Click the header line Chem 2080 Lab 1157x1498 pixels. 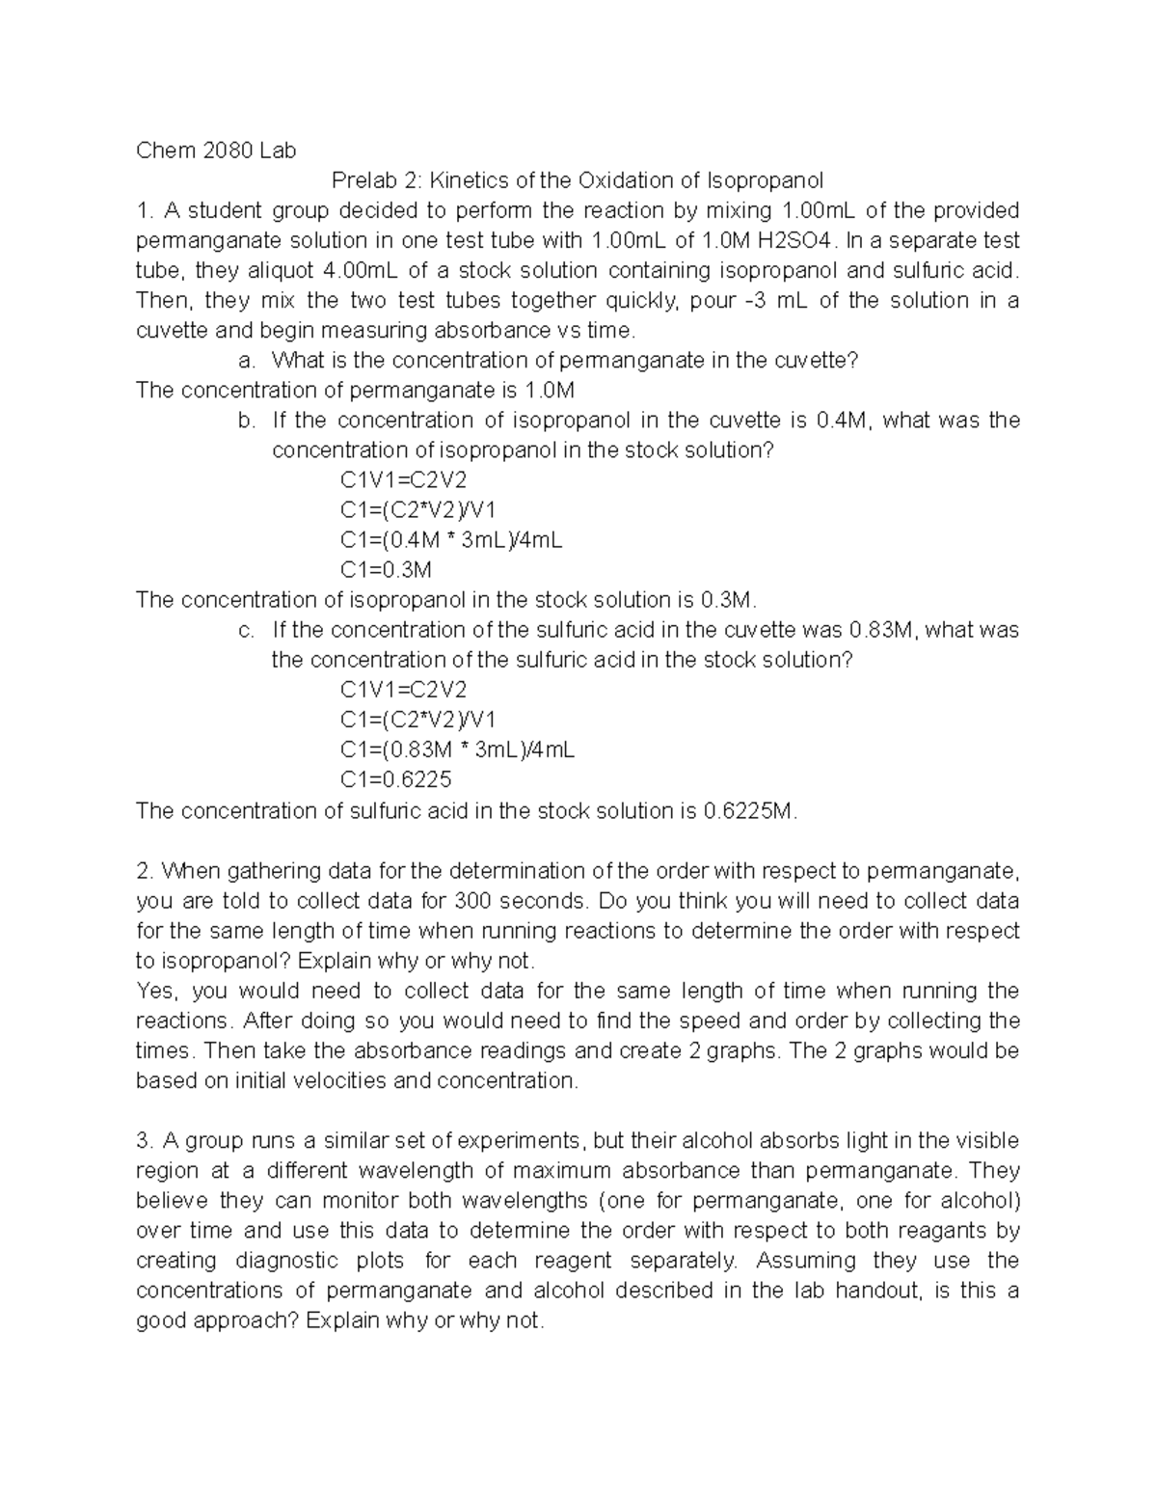tap(216, 150)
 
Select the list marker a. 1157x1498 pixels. tap(247, 361)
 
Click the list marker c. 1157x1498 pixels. tap(247, 630)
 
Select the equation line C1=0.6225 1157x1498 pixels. tap(395, 779)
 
